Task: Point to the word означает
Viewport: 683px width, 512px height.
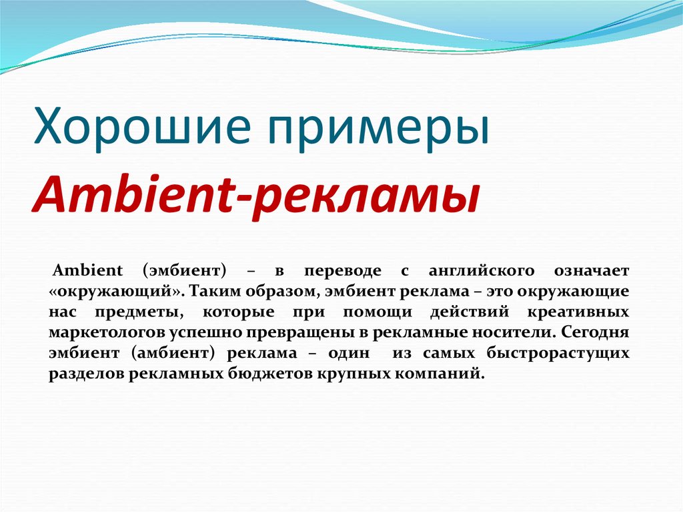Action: [x=590, y=271]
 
